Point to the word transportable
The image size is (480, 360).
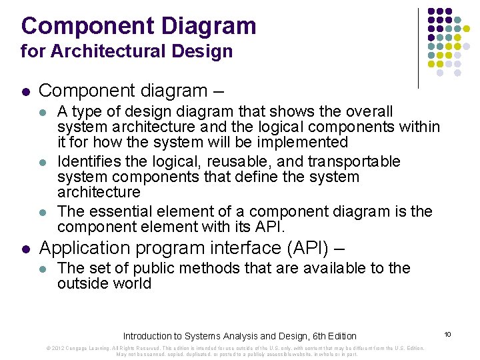357,162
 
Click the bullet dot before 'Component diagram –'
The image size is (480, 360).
25,90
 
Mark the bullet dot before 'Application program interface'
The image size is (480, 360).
25,249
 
